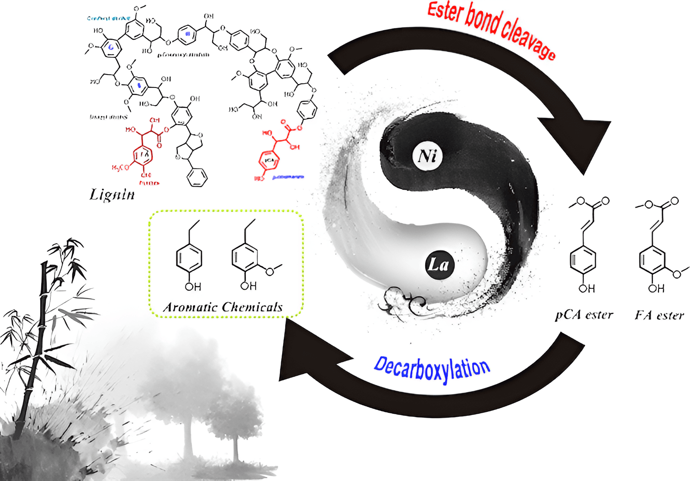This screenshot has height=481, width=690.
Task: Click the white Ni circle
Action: [x=427, y=156]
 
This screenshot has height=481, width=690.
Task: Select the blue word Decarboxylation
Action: [x=432, y=369]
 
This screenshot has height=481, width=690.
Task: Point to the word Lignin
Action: [x=112, y=194]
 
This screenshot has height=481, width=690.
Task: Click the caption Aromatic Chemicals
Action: [x=223, y=307]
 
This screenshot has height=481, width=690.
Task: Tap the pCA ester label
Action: [x=584, y=315]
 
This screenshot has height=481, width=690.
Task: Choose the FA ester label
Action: [x=659, y=315]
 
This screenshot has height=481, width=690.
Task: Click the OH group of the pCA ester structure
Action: [x=586, y=288]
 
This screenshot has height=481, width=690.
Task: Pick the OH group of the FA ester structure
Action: [x=656, y=288]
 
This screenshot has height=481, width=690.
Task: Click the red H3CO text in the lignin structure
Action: [x=120, y=167]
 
